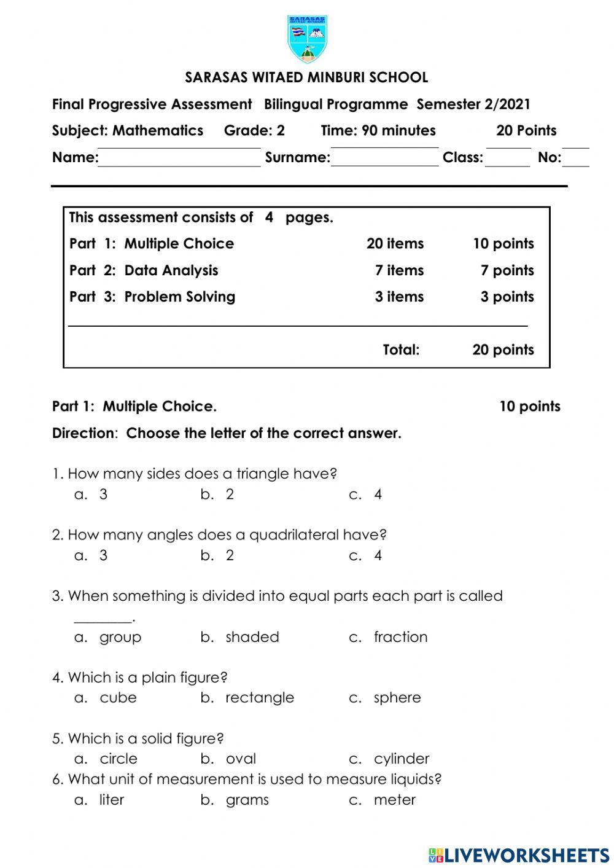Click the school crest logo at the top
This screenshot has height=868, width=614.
pyautogui.click(x=307, y=39)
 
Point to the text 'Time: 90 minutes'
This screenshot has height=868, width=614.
pyautogui.click(x=378, y=131)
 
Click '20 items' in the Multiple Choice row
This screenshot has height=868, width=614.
pyautogui.click(x=395, y=244)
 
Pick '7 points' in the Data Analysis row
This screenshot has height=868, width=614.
pyautogui.click(x=507, y=270)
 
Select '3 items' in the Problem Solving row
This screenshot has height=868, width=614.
pyautogui.click(x=399, y=297)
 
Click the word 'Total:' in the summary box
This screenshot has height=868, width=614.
pyautogui.click(x=401, y=350)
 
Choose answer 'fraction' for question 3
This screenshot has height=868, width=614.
pyautogui.click(x=400, y=637)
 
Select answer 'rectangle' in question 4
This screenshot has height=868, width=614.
pyautogui.click(x=260, y=698)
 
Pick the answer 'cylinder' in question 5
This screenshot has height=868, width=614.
pyautogui.click(x=402, y=759)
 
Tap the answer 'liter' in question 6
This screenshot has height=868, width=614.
pyautogui.click(x=112, y=800)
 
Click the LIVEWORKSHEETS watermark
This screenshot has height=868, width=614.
pyautogui.click(x=519, y=855)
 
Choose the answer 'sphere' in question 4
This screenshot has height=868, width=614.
pyautogui.click(x=397, y=698)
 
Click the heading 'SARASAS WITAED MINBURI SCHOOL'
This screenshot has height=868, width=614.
pyautogui.click(x=306, y=78)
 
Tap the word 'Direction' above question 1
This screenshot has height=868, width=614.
pyautogui.click(x=83, y=434)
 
